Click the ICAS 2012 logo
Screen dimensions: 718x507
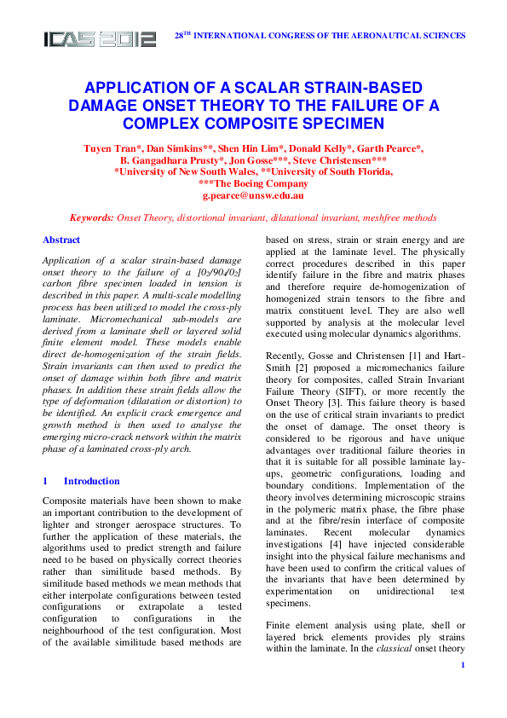tap(101, 38)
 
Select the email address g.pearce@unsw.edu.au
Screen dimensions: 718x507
tap(253, 195)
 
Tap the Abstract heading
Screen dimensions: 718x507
tap(61, 240)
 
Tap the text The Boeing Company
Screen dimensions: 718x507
tap(253, 183)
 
